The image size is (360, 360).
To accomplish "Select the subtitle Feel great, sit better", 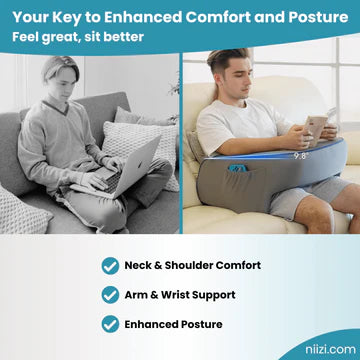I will coord(79,37).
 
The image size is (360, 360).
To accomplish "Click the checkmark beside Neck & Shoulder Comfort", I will coord(110,265).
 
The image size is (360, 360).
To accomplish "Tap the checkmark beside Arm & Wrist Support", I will coord(110,294).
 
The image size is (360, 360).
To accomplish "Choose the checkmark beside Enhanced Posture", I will coord(110,323).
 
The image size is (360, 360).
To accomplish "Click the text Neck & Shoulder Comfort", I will coord(192,265).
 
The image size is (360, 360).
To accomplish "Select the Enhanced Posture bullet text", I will coord(173,323).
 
